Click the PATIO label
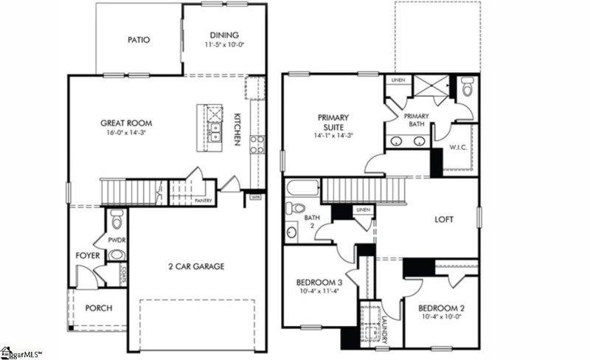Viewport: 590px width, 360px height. coord(139,40)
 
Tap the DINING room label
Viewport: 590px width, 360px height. coord(224,34)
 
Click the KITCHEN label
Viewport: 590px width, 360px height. coord(237,130)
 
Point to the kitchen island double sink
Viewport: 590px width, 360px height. coord(214,133)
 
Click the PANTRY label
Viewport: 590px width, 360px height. coord(204,200)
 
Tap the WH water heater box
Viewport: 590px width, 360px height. coord(256,197)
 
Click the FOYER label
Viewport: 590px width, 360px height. coord(88,256)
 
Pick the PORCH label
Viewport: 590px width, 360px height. coord(99,308)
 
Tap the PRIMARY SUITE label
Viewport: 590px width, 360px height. coord(333,122)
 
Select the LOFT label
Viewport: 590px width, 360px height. coord(444,220)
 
